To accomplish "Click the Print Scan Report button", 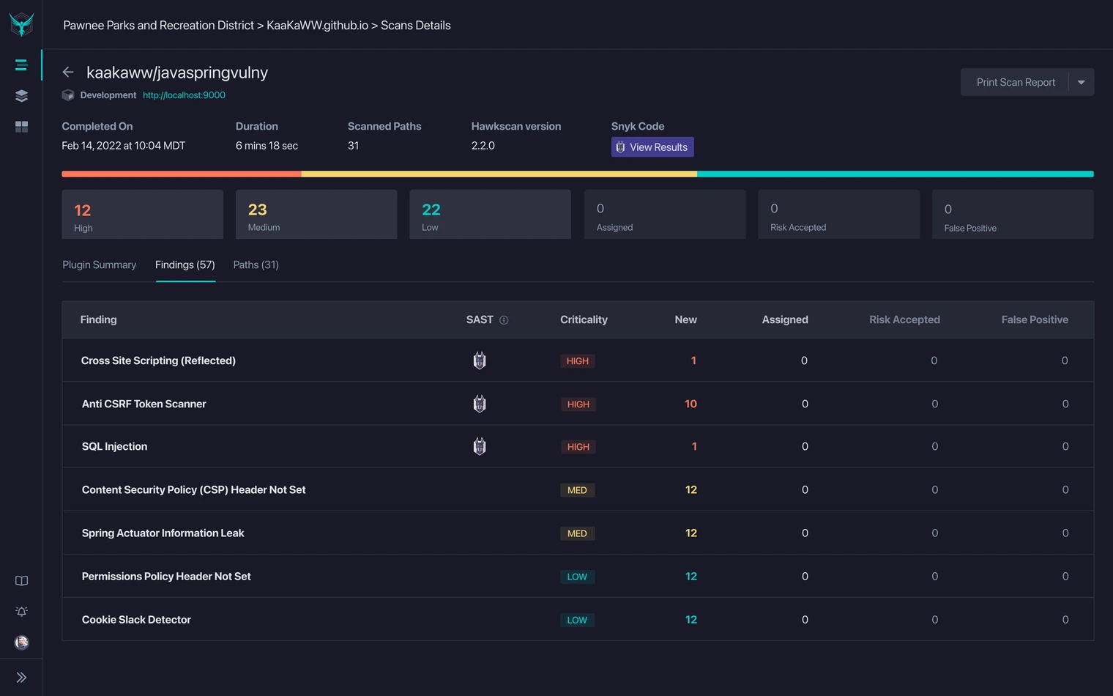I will pyautogui.click(x=1015, y=82).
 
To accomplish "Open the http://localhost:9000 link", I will pyautogui.click(x=184, y=95).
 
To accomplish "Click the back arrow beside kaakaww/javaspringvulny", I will pyautogui.click(x=68, y=72).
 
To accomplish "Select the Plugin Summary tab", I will pyautogui.click(x=99, y=264).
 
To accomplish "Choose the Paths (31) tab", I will pyautogui.click(x=256, y=264).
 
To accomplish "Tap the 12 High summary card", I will pyautogui.click(x=142, y=215).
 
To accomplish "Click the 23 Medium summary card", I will pyautogui.click(x=316, y=215).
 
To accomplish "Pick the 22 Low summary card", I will pyautogui.click(x=490, y=215).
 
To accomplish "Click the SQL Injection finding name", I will pyautogui.click(x=114, y=446).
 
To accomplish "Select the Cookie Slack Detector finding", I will pyautogui.click(x=136, y=620).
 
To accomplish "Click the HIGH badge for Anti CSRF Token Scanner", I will pyautogui.click(x=578, y=404).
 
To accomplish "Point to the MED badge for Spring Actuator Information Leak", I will pyautogui.click(x=577, y=533).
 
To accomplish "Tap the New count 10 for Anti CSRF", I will pyautogui.click(x=690, y=404).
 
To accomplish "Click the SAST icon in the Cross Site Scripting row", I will pyautogui.click(x=480, y=360).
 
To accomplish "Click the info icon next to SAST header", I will pyautogui.click(x=504, y=320).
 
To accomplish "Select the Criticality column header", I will pyautogui.click(x=584, y=319).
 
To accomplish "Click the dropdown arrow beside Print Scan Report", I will pyautogui.click(x=1082, y=82).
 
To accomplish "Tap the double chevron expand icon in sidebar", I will pyautogui.click(x=21, y=678).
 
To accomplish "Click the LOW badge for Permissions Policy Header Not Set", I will pyautogui.click(x=577, y=577).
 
